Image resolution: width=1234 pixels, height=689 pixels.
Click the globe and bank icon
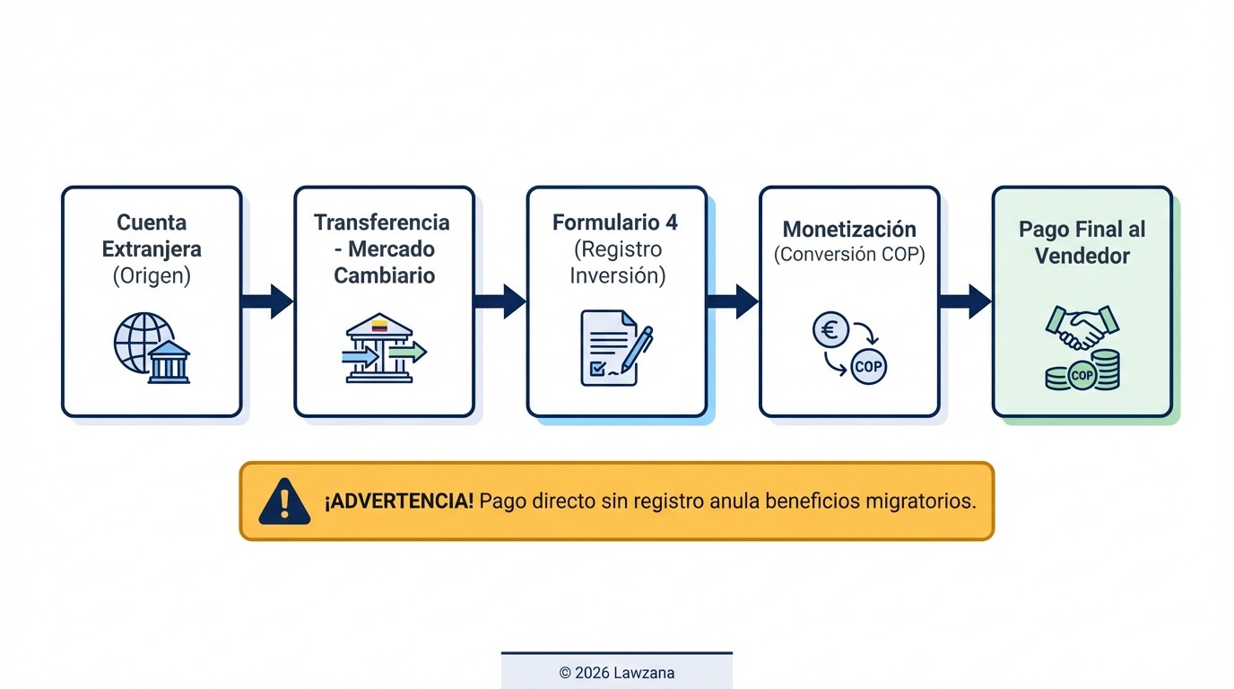pyautogui.click(x=152, y=348)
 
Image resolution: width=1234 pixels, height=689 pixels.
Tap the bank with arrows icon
pyautogui.click(x=384, y=348)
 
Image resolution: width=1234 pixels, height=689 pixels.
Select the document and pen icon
pyautogui.click(x=616, y=348)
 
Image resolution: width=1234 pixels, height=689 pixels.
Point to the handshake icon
pyautogui.click(x=1082, y=328)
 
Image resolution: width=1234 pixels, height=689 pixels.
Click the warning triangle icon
pyautogui.click(x=284, y=501)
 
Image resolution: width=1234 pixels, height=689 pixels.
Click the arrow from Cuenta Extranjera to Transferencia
pyautogui.click(x=267, y=301)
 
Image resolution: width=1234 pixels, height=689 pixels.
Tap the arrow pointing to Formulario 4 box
pyautogui.click(x=500, y=301)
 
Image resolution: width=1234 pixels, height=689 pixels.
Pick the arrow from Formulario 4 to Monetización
pyautogui.click(x=733, y=301)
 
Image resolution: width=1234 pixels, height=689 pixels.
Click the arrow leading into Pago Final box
pyautogui.click(x=965, y=301)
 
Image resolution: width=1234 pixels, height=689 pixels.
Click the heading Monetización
pyautogui.click(x=849, y=229)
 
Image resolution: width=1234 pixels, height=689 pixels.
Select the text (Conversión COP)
pyautogui.click(x=849, y=254)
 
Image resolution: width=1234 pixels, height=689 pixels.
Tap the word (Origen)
pyautogui.click(x=152, y=275)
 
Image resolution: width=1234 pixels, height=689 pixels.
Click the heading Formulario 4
pyautogui.click(x=615, y=222)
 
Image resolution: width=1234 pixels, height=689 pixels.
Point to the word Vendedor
pyautogui.click(x=1082, y=256)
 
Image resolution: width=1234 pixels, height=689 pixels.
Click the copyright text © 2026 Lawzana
pyautogui.click(x=617, y=672)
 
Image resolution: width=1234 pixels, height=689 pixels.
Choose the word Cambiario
pyautogui.click(x=384, y=275)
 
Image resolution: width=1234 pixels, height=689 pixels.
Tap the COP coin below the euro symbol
pyautogui.click(x=868, y=367)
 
